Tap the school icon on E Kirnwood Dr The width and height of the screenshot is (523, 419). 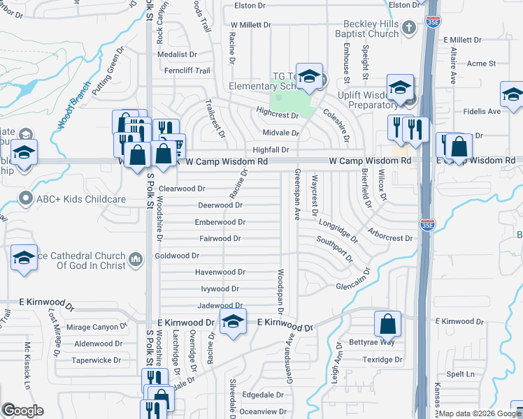click(232, 322)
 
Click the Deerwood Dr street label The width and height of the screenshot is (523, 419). click(220, 205)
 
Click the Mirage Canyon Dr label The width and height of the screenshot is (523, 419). click(96, 326)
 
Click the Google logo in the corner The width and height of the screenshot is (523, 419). click(22, 410)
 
